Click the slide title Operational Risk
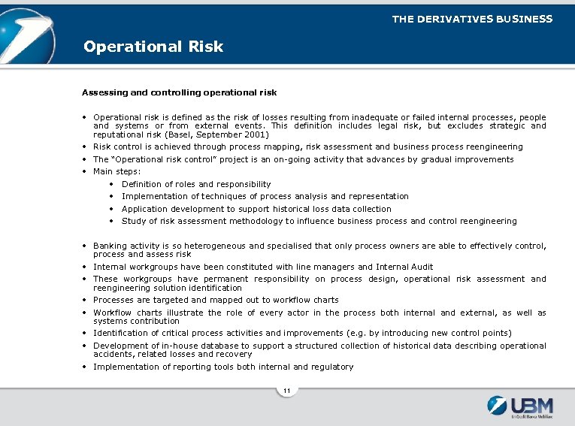click(153, 47)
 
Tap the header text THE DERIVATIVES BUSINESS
click(472, 19)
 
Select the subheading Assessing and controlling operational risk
click(179, 92)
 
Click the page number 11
click(287, 391)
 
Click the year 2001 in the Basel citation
click(256, 134)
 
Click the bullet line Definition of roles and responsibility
click(196, 184)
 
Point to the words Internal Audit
click(407, 267)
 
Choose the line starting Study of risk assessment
click(319, 221)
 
